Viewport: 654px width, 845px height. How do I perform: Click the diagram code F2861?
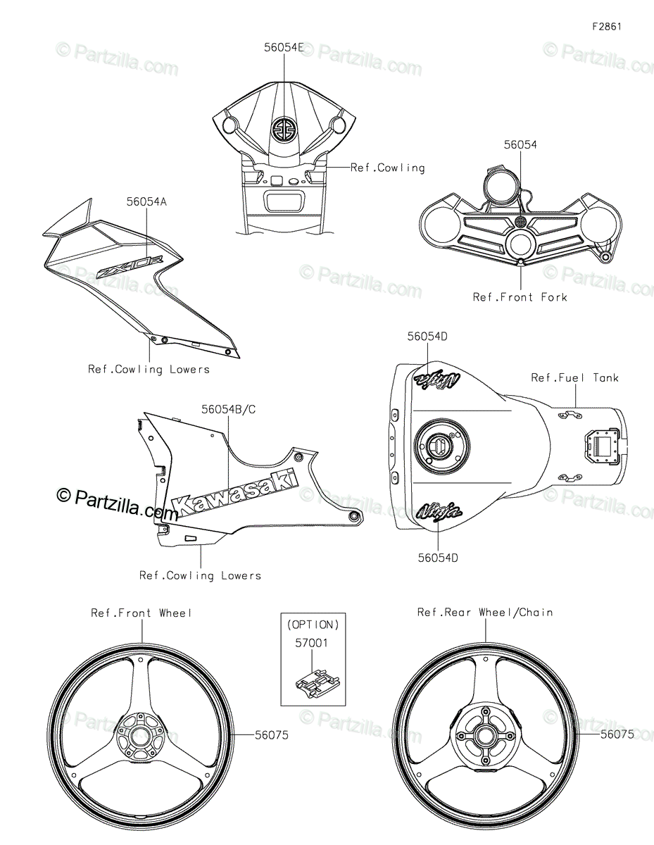tap(607, 27)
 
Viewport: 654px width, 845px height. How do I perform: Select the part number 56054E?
tap(284, 47)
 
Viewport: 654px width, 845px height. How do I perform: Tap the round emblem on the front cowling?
tap(284, 128)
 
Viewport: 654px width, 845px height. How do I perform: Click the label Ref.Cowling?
tap(387, 168)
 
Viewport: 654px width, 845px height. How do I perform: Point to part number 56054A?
tap(146, 202)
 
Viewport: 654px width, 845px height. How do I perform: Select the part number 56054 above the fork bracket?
tap(520, 144)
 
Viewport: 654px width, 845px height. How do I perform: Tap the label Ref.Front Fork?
tap(520, 297)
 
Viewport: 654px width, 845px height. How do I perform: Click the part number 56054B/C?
tap(229, 410)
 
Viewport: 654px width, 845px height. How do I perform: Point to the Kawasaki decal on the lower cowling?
tap(236, 493)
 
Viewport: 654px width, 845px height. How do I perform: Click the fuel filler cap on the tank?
tap(442, 444)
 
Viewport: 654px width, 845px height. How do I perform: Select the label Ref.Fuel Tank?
tap(574, 377)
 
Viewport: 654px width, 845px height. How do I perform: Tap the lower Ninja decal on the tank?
tap(439, 511)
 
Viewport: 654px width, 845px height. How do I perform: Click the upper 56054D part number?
tap(427, 337)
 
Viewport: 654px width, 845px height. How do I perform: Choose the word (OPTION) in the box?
tap(313, 625)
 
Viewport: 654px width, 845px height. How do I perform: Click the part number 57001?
tap(312, 643)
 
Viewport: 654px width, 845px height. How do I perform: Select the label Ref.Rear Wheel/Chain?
tap(485, 613)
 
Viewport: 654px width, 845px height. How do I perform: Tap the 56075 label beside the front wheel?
tap(272, 735)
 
